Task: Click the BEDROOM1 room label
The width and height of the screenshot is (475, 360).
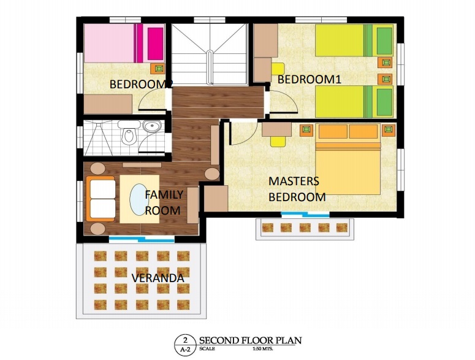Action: tap(310, 79)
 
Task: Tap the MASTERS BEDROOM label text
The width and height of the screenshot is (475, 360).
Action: tap(297, 189)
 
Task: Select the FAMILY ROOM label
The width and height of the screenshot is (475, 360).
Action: tap(164, 202)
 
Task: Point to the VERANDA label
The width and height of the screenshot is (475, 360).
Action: tap(158, 278)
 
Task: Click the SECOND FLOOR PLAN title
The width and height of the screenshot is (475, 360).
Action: tap(250, 340)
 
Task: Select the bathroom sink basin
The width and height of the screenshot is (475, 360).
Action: tap(152, 126)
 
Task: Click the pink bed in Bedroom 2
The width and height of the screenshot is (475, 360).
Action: tap(124, 44)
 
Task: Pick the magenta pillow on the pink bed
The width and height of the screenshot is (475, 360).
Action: tap(156, 44)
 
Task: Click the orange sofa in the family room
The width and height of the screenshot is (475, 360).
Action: tap(101, 199)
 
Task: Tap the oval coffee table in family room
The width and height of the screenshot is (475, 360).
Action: tap(139, 199)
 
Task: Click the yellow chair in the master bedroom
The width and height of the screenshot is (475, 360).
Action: tap(278, 141)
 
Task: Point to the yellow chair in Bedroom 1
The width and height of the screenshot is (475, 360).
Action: tap(278, 69)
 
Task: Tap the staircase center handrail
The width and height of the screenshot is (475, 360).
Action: tap(210, 67)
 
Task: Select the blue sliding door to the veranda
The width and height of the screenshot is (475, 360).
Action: tap(142, 239)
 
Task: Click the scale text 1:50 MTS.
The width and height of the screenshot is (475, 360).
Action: tap(263, 349)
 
